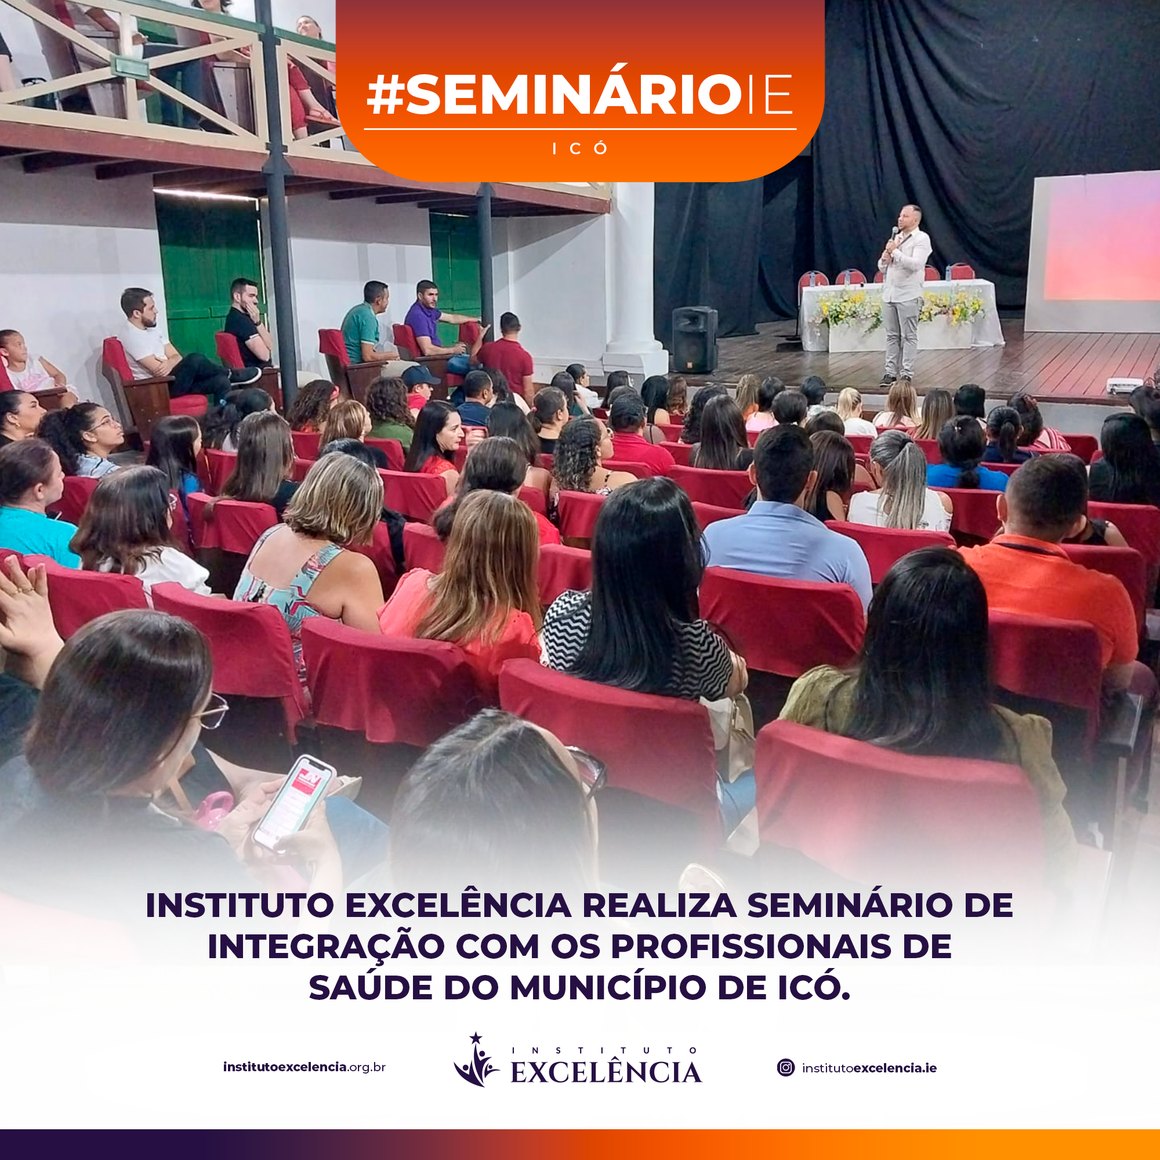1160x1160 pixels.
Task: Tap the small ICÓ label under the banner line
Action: [x=580, y=148]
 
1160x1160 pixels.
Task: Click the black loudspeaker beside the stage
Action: [x=695, y=339]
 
